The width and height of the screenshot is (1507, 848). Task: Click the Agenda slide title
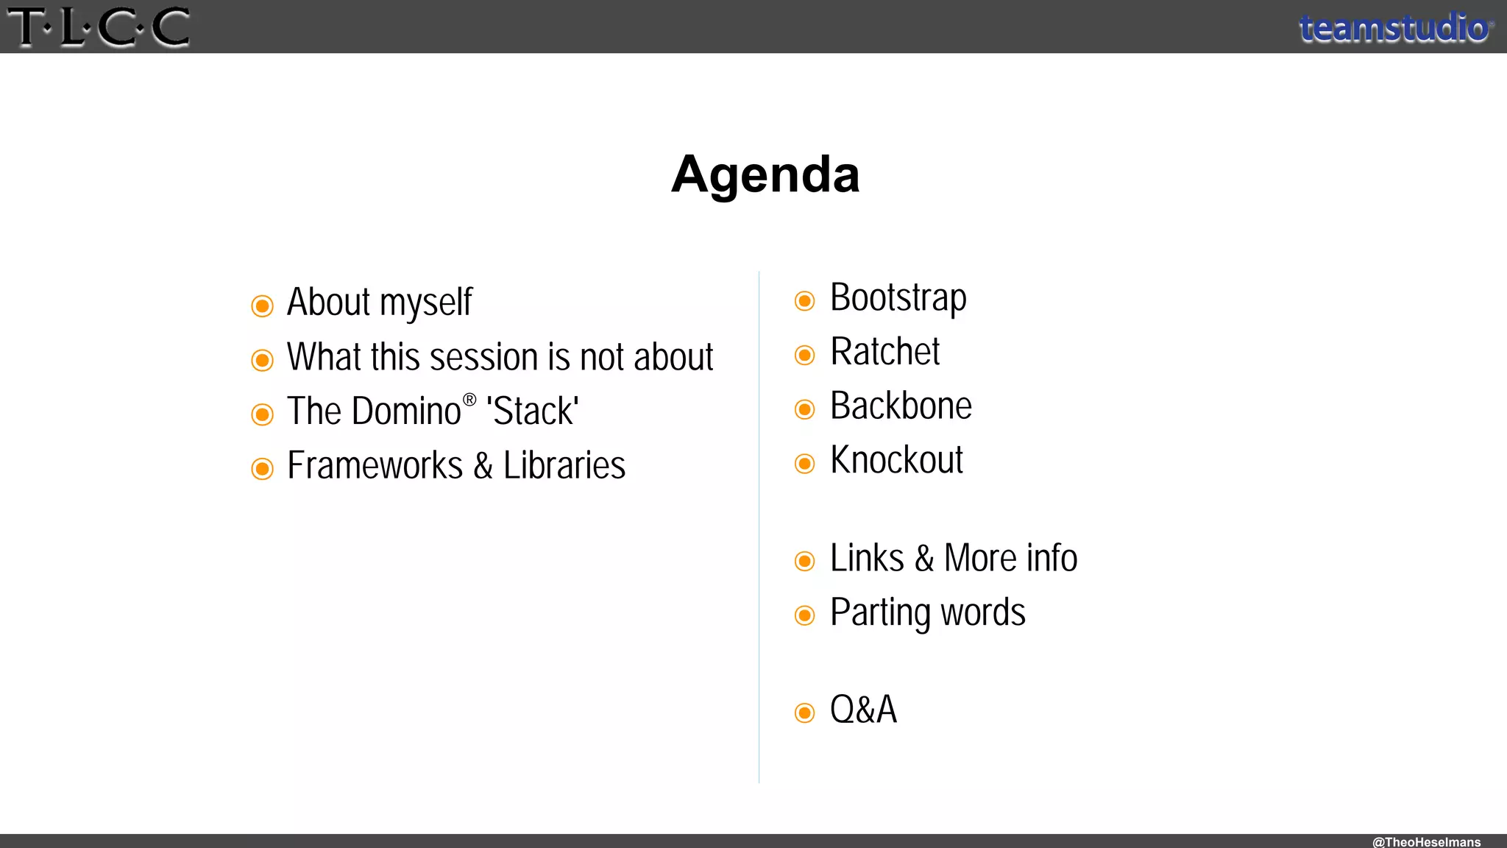(x=765, y=174)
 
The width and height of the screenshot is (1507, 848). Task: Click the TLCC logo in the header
(x=99, y=27)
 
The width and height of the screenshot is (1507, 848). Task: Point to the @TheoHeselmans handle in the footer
(x=1426, y=841)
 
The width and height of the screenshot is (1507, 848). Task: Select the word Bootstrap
(x=898, y=298)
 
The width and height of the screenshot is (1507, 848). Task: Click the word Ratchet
(x=884, y=352)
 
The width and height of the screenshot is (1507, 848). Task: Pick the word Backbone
(x=901, y=406)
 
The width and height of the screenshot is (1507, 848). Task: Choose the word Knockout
(x=896, y=460)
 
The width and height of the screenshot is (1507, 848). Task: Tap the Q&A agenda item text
(x=863, y=710)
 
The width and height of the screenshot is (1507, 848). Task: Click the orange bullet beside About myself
(x=262, y=305)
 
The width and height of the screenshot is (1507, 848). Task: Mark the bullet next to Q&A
(x=804, y=713)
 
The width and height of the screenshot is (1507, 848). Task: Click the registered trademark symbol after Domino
(x=469, y=400)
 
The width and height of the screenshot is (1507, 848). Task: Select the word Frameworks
(x=375, y=465)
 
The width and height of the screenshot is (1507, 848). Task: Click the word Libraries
(x=564, y=465)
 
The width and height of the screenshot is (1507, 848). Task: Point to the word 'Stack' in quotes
(x=533, y=411)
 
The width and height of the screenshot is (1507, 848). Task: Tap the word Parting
(x=880, y=613)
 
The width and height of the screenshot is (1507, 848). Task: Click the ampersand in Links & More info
(x=924, y=558)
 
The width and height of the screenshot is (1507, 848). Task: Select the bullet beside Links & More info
(x=804, y=561)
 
